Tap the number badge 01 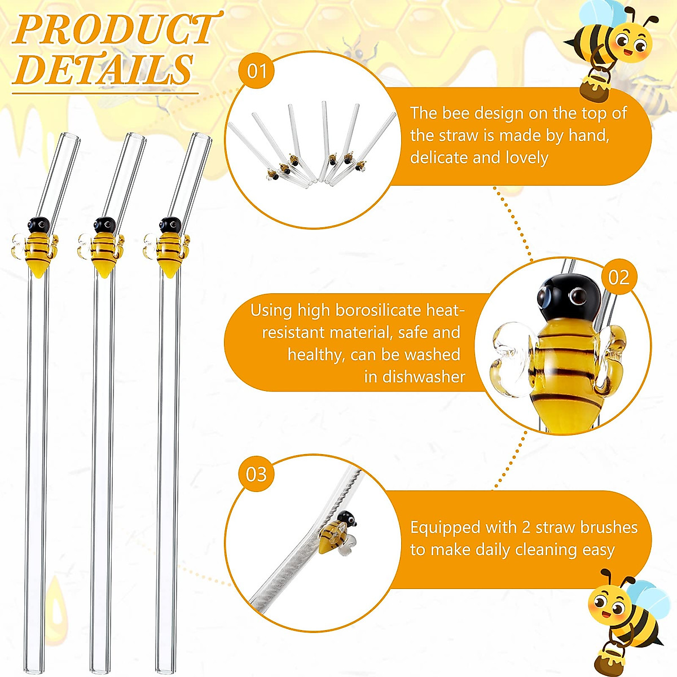(x=257, y=72)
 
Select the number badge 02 (x=618, y=277)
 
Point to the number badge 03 (x=257, y=474)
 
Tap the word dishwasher (x=423, y=377)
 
